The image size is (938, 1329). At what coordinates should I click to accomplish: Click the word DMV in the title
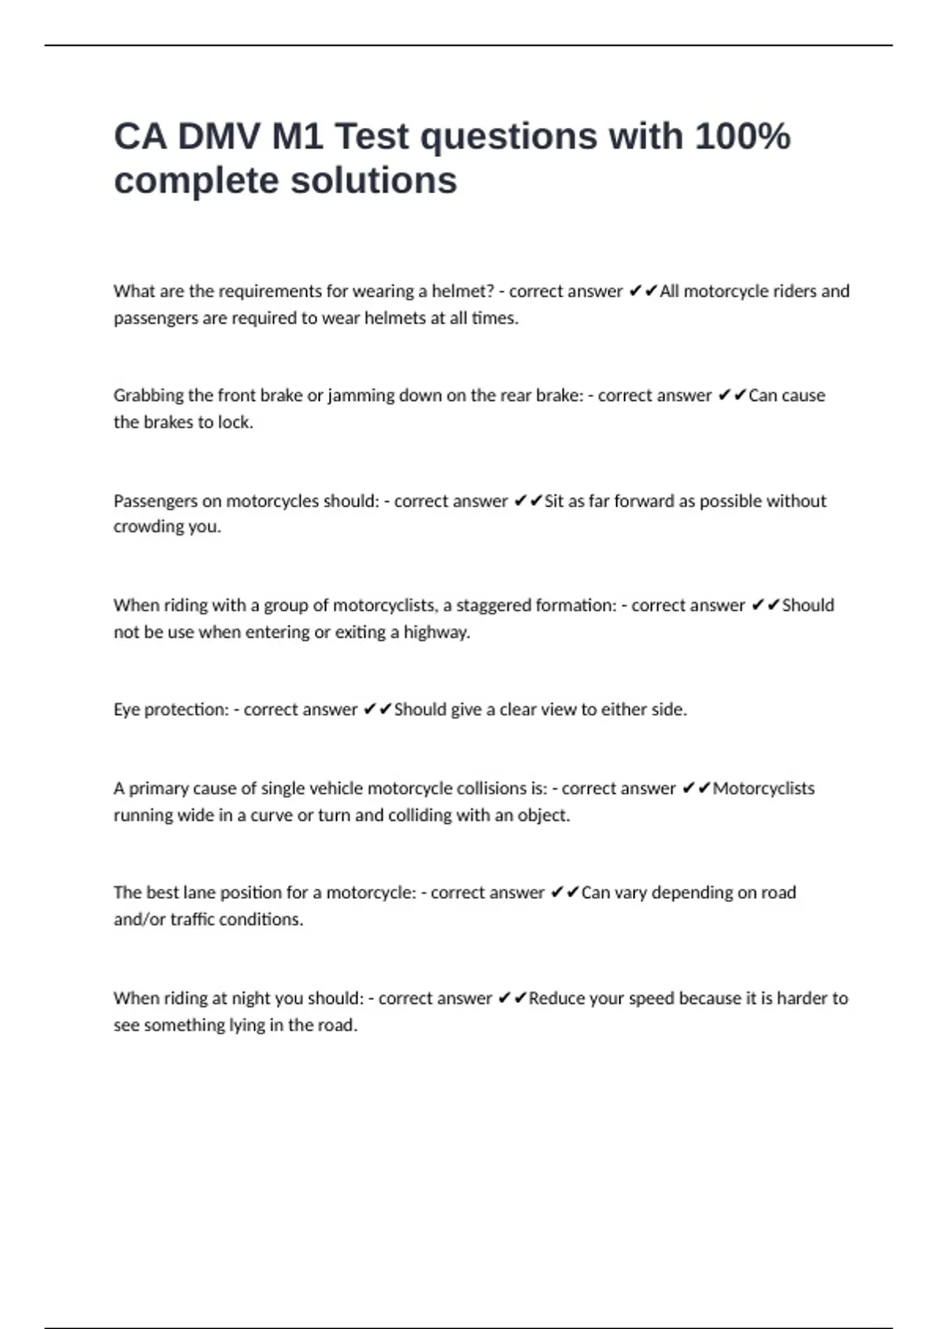coord(219,137)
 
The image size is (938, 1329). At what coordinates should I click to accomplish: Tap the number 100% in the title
coord(742,137)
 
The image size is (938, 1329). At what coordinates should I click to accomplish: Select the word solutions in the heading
coord(374,181)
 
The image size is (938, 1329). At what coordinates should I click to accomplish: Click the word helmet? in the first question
coord(463,292)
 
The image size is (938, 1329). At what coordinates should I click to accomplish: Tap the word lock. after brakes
coord(236,422)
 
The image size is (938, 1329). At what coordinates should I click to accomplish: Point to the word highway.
coord(436,632)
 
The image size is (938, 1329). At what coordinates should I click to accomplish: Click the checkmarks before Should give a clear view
coord(378,710)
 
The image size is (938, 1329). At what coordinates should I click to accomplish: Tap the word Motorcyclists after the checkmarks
coord(763,789)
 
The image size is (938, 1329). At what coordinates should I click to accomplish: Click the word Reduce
coord(556,998)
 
